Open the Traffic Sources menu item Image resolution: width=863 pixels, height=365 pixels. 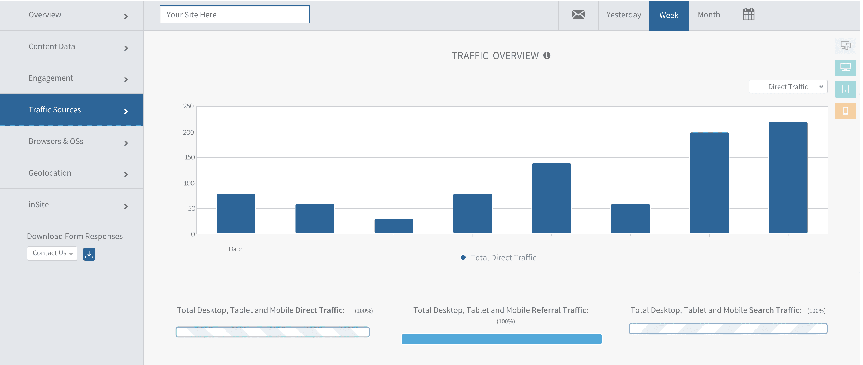point(72,110)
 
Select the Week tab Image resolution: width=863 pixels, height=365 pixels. point(668,15)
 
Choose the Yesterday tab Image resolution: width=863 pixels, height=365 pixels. point(623,15)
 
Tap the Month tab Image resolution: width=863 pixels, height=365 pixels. point(709,15)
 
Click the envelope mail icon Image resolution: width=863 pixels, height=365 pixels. point(578,15)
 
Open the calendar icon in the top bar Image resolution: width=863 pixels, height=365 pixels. point(748,15)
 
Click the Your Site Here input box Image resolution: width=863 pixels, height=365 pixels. point(235,15)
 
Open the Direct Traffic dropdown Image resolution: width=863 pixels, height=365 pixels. point(788,87)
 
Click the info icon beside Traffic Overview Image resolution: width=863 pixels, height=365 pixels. point(547,55)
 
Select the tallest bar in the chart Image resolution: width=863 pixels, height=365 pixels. point(788,178)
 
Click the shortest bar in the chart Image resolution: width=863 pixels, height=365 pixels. point(394,226)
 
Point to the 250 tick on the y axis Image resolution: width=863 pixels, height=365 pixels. point(188,106)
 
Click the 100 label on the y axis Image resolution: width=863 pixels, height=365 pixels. point(189,183)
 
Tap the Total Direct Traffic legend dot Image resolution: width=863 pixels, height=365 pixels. point(463,257)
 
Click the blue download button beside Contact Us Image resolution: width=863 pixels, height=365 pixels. point(89,254)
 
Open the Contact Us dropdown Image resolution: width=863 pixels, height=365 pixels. point(52,253)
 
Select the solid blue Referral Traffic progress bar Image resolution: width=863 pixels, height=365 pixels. point(502,339)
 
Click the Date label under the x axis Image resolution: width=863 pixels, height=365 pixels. point(235,249)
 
